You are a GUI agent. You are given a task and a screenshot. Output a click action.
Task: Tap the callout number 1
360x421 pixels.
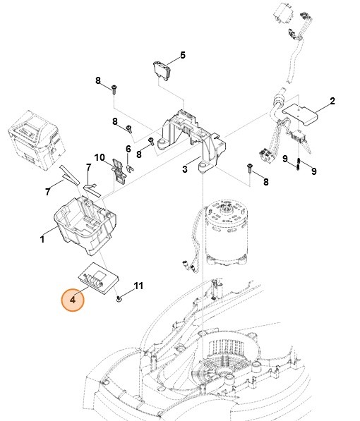(42, 240)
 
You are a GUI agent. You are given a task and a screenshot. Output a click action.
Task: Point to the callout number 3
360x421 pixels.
(185, 169)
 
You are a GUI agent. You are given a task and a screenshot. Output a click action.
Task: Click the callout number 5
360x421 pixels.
(182, 55)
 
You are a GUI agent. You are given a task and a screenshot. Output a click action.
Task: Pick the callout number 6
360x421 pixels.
(128, 149)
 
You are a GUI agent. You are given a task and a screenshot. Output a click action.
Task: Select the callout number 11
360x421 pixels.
(138, 286)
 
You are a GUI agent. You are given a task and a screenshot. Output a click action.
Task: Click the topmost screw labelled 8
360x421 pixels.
(114, 88)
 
